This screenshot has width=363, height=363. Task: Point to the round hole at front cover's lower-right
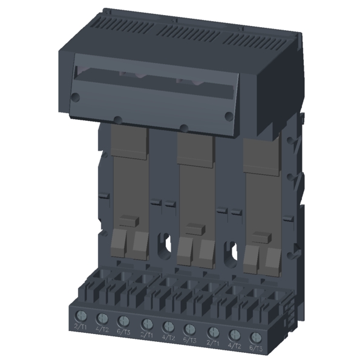click(228, 115)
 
